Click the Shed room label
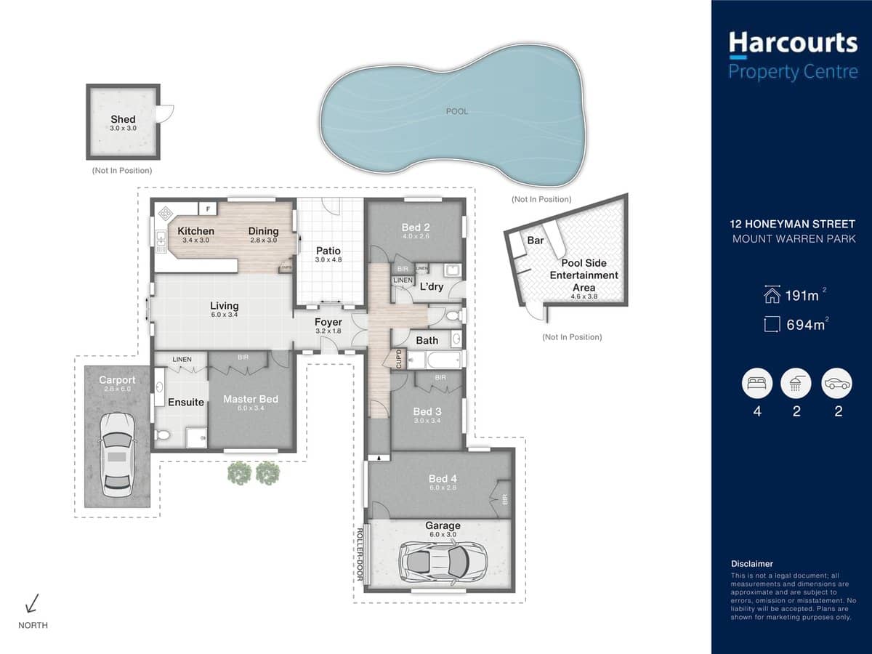[123, 120]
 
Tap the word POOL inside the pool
[457, 111]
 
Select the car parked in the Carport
[117, 454]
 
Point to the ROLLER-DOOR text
[359, 557]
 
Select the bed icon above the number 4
[756, 384]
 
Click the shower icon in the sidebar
[796, 384]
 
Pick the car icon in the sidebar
[836, 384]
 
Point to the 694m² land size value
[805, 325]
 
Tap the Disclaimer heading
[751, 563]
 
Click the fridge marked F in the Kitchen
[208, 209]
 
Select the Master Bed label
[250, 399]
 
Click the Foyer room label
[328, 322]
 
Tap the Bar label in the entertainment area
[536, 240]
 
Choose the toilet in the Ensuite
[162, 435]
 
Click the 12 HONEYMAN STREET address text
[793, 225]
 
